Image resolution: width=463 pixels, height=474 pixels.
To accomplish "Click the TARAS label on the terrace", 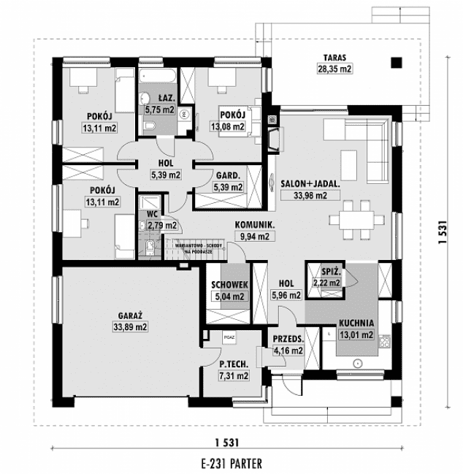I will pos(336,56).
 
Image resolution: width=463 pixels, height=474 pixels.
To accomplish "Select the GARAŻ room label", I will pos(129,316).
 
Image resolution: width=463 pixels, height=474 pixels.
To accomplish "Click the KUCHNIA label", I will pos(356,322).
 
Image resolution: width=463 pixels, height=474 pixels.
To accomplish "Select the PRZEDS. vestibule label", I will pos(287,339).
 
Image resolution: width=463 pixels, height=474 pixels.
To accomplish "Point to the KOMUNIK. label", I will pos(253,225).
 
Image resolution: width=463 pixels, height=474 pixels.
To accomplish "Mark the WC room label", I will pos(153,214).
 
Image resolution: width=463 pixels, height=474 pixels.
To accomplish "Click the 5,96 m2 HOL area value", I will pos(286,296).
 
